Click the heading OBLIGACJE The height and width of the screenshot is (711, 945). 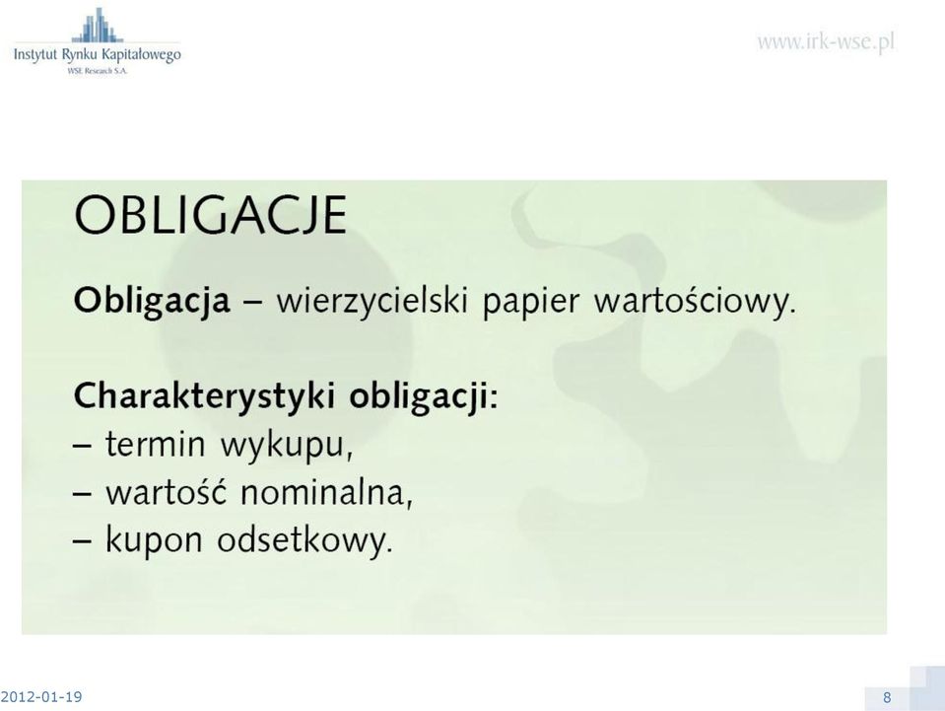(x=210, y=215)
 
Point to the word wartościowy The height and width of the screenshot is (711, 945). (x=695, y=301)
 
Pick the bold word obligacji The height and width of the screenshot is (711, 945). (x=425, y=397)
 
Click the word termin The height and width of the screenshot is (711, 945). (x=156, y=445)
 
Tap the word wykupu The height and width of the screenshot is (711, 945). (x=287, y=447)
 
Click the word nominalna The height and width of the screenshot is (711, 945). (x=327, y=493)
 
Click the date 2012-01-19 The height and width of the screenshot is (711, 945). (x=41, y=697)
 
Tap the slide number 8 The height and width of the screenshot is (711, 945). (x=887, y=698)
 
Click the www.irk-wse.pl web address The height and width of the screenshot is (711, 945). (x=826, y=42)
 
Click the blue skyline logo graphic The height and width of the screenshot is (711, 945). (x=97, y=25)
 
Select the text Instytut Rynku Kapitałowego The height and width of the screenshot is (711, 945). (x=97, y=55)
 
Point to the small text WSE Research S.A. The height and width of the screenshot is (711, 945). (x=98, y=71)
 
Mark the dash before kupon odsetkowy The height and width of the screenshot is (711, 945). (x=83, y=541)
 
